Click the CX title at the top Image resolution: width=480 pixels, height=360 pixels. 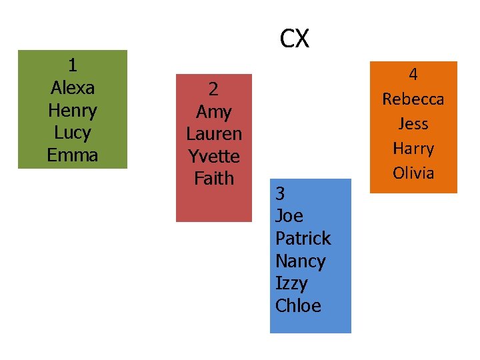(x=294, y=39)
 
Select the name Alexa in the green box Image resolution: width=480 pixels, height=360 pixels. (x=72, y=88)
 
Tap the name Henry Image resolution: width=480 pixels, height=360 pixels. (x=72, y=111)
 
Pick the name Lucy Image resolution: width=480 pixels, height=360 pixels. (x=72, y=133)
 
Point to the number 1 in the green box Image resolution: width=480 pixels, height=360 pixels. (x=72, y=65)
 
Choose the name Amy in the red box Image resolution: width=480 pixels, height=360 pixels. (x=213, y=111)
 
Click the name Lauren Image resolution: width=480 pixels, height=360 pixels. (x=213, y=134)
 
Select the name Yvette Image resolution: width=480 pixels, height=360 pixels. (x=213, y=157)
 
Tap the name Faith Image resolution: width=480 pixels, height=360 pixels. (x=213, y=179)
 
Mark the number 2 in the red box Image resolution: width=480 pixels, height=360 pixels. (x=213, y=89)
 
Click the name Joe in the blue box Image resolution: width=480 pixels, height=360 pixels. (x=289, y=216)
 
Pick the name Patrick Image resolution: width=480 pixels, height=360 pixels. (x=303, y=239)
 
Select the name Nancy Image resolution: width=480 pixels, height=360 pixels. (x=300, y=261)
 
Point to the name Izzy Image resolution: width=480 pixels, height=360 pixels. (x=291, y=284)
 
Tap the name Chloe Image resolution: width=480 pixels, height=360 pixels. (x=298, y=307)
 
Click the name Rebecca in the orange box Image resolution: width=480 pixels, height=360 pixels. (x=413, y=99)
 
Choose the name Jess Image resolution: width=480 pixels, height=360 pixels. (x=413, y=124)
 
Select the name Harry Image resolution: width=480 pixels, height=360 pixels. (x=413, y=149)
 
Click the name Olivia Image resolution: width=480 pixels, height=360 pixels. (x=413, y=173)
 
